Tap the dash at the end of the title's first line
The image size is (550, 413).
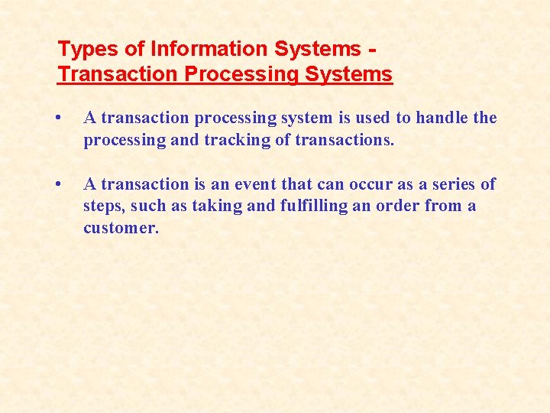(x=371, y=50)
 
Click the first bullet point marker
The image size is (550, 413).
(x=60, y=119)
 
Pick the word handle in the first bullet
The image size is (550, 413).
(x=442, y=118)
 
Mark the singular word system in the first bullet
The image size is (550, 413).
(x=311, y=118)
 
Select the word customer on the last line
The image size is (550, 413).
(x=121, y=228)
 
